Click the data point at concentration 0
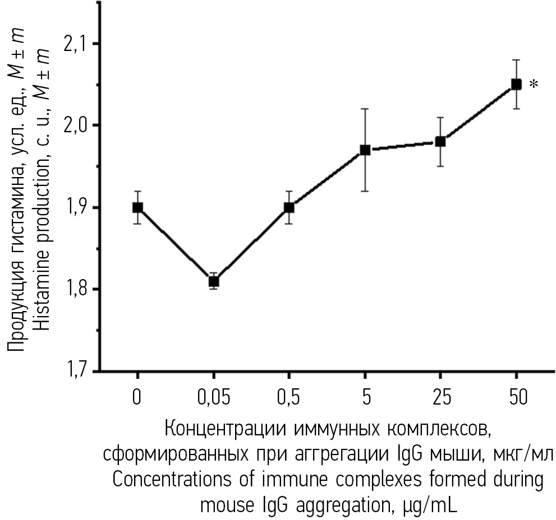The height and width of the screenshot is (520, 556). coord(137,207)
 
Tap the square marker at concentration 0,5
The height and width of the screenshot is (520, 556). coord(289,207)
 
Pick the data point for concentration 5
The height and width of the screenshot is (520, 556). coord(365,150)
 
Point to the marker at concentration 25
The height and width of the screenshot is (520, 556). coord(440,141)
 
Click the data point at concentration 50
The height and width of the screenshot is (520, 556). coord(516,84)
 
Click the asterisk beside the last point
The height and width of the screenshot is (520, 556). coord(534,85)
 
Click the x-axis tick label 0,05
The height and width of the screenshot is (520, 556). coord(213,398)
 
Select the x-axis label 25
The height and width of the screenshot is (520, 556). coord(440,398)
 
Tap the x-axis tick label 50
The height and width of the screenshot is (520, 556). coord(516,398)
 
